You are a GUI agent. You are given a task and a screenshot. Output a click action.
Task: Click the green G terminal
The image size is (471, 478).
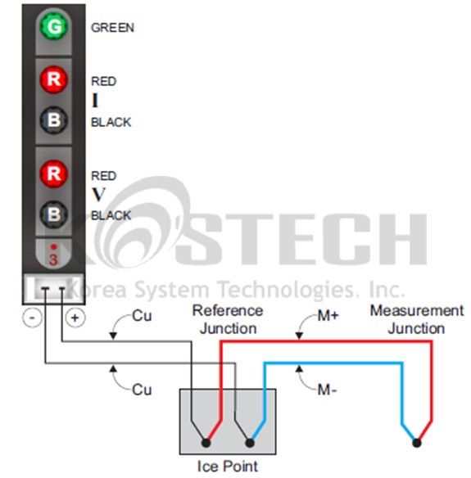(x=54, y=26)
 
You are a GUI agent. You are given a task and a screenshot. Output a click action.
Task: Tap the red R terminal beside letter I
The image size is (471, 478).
(x=54, y=79)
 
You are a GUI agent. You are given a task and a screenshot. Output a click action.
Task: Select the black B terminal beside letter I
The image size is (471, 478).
(x=54, y=120)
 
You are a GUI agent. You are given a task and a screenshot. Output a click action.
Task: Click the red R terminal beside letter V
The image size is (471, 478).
(x=54, y=174)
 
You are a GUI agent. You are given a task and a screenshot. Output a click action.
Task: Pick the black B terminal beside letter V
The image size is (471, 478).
(x=54, y=214)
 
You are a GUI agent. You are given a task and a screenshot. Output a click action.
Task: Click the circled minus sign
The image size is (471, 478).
(x=32, y=318)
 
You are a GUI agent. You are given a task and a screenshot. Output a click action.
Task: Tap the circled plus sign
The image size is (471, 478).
(x=75, y=318)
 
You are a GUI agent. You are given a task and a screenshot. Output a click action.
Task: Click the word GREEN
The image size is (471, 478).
(x=112, y=28)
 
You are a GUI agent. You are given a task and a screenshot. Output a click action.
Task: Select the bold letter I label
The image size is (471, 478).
(x=95, y=101)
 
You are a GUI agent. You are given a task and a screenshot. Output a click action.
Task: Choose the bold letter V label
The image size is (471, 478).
(x=98, y=195)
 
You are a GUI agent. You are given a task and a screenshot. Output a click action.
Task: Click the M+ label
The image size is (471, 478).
(x=328, y=316)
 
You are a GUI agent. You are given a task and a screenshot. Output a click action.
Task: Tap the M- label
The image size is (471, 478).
(x=327, y=390)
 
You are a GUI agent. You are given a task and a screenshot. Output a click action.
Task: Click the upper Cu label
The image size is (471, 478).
(x=142, y=316)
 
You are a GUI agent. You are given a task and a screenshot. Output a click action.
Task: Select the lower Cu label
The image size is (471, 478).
(x=142, y=390)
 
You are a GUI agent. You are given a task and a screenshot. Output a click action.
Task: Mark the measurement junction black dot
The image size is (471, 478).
(x=417, y=443)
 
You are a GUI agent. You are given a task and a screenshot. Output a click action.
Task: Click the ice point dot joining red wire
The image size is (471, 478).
(x=206, y=443)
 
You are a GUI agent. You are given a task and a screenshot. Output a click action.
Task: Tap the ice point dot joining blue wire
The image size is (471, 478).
(x=250, y=443)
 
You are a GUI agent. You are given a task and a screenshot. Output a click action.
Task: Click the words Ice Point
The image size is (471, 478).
(x=228, y=467)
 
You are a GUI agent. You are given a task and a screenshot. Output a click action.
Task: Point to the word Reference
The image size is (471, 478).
(x=228, y=311)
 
